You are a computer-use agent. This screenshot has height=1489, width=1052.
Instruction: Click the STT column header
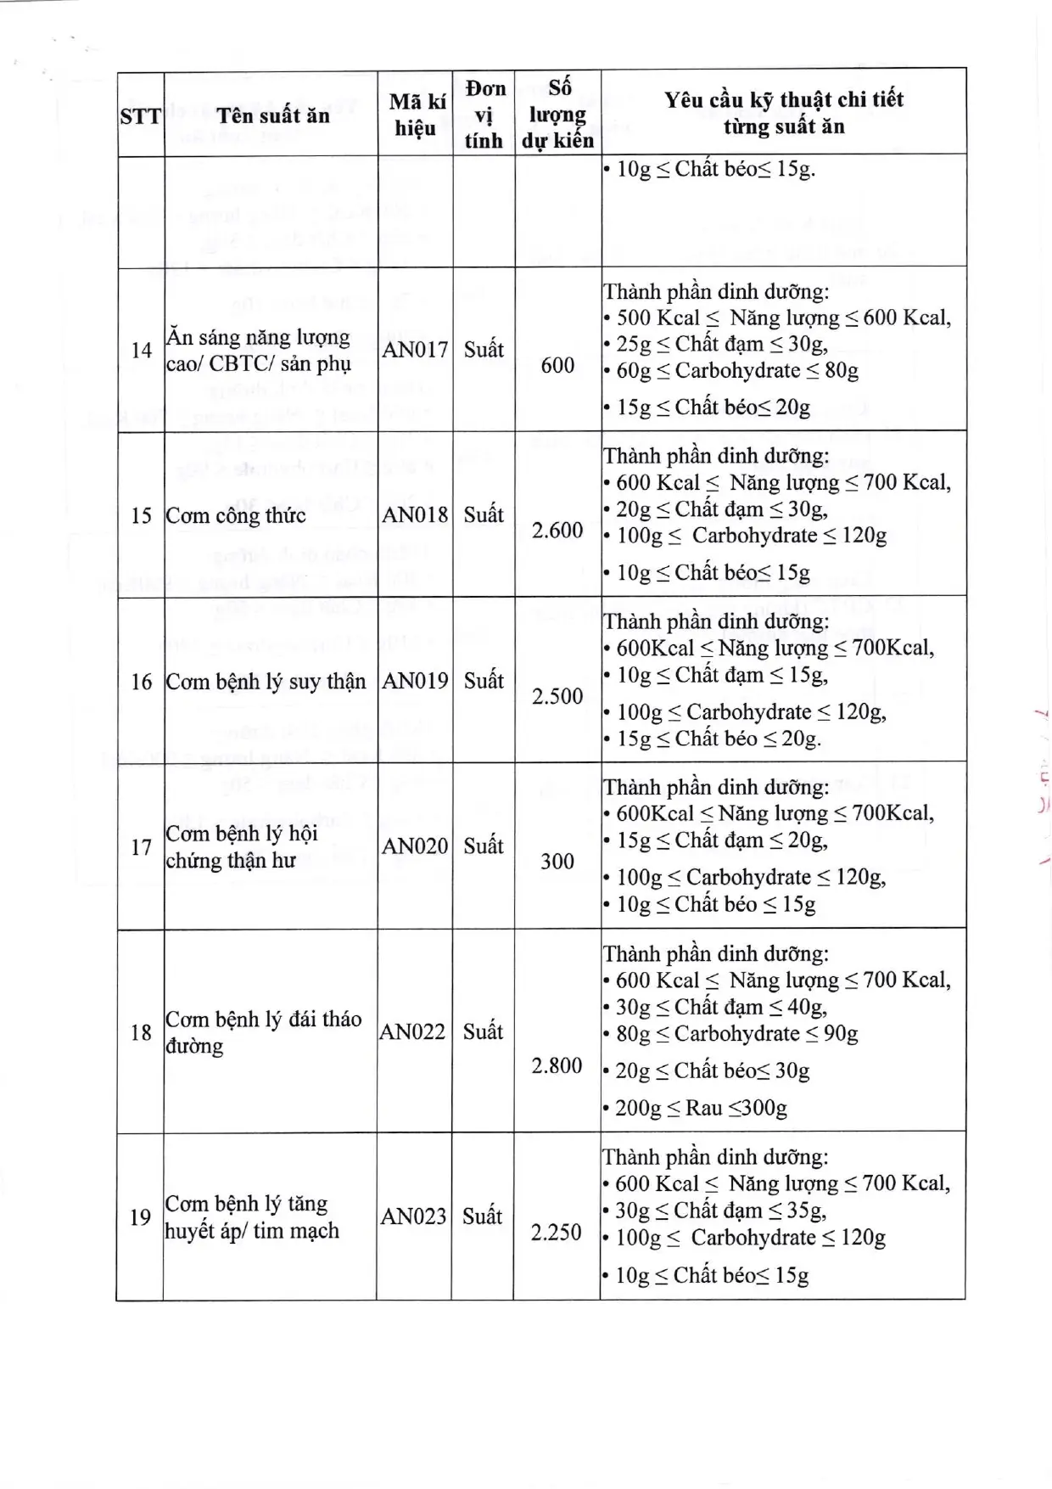140,116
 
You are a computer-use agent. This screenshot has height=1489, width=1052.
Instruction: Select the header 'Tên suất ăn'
272,115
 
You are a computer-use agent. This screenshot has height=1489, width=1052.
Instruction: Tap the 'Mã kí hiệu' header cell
416,115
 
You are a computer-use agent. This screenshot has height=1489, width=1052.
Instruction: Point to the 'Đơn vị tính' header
484,115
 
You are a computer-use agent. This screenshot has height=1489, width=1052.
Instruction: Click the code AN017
415,350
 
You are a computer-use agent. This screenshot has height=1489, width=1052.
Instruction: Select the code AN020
415,846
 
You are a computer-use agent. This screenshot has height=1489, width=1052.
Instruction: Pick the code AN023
413,1216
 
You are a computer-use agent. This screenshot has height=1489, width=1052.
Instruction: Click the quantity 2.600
557,531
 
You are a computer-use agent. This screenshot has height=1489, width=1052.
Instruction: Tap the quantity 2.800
557,1065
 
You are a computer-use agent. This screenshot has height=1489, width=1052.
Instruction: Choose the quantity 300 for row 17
557,862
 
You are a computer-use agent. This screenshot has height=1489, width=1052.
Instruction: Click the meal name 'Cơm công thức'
236,516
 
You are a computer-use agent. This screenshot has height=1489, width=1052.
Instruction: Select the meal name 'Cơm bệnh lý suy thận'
266,682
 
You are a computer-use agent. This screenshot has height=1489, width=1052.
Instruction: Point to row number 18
141,1032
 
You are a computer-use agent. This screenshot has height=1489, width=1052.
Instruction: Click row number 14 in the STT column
141,350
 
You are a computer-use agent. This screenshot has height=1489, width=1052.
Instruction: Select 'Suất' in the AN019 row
484,681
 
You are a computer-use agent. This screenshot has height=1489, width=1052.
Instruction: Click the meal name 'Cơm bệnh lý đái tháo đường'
263,1031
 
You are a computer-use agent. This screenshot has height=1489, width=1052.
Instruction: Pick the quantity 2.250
557,1233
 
